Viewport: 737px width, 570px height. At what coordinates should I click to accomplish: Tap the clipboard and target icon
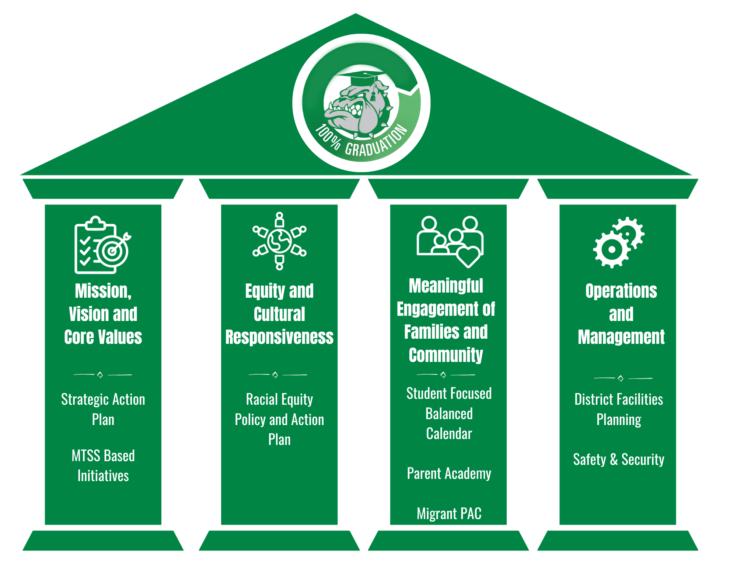coord(103,245)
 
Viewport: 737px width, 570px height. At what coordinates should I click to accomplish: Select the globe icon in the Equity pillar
coord(279,241)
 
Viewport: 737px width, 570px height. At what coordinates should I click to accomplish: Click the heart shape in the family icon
coord(468,256)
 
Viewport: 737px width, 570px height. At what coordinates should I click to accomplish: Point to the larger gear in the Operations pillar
coord(611,249)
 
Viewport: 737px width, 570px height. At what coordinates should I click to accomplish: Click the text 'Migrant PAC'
coord(449,514)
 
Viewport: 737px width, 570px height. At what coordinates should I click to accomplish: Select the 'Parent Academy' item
coord(449,474)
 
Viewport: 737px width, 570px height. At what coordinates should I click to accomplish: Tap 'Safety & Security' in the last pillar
coord(618,460)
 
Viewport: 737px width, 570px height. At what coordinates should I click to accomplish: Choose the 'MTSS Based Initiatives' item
coord(103,466)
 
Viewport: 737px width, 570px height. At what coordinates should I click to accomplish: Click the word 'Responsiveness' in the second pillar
coord(279,337)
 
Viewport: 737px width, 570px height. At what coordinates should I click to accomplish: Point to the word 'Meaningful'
coord(446,286)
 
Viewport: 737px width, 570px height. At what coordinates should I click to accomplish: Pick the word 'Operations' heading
coord(621,291)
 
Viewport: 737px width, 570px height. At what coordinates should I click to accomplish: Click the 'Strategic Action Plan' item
coord(103,410)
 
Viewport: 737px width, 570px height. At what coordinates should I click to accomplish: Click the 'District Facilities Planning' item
coord(618,410)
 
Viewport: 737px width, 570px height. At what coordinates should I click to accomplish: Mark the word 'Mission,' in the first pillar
coord(103,291)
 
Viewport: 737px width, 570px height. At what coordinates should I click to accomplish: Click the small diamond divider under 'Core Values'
coord(100,375)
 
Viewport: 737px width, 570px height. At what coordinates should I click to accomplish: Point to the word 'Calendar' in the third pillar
coord(449,434)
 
